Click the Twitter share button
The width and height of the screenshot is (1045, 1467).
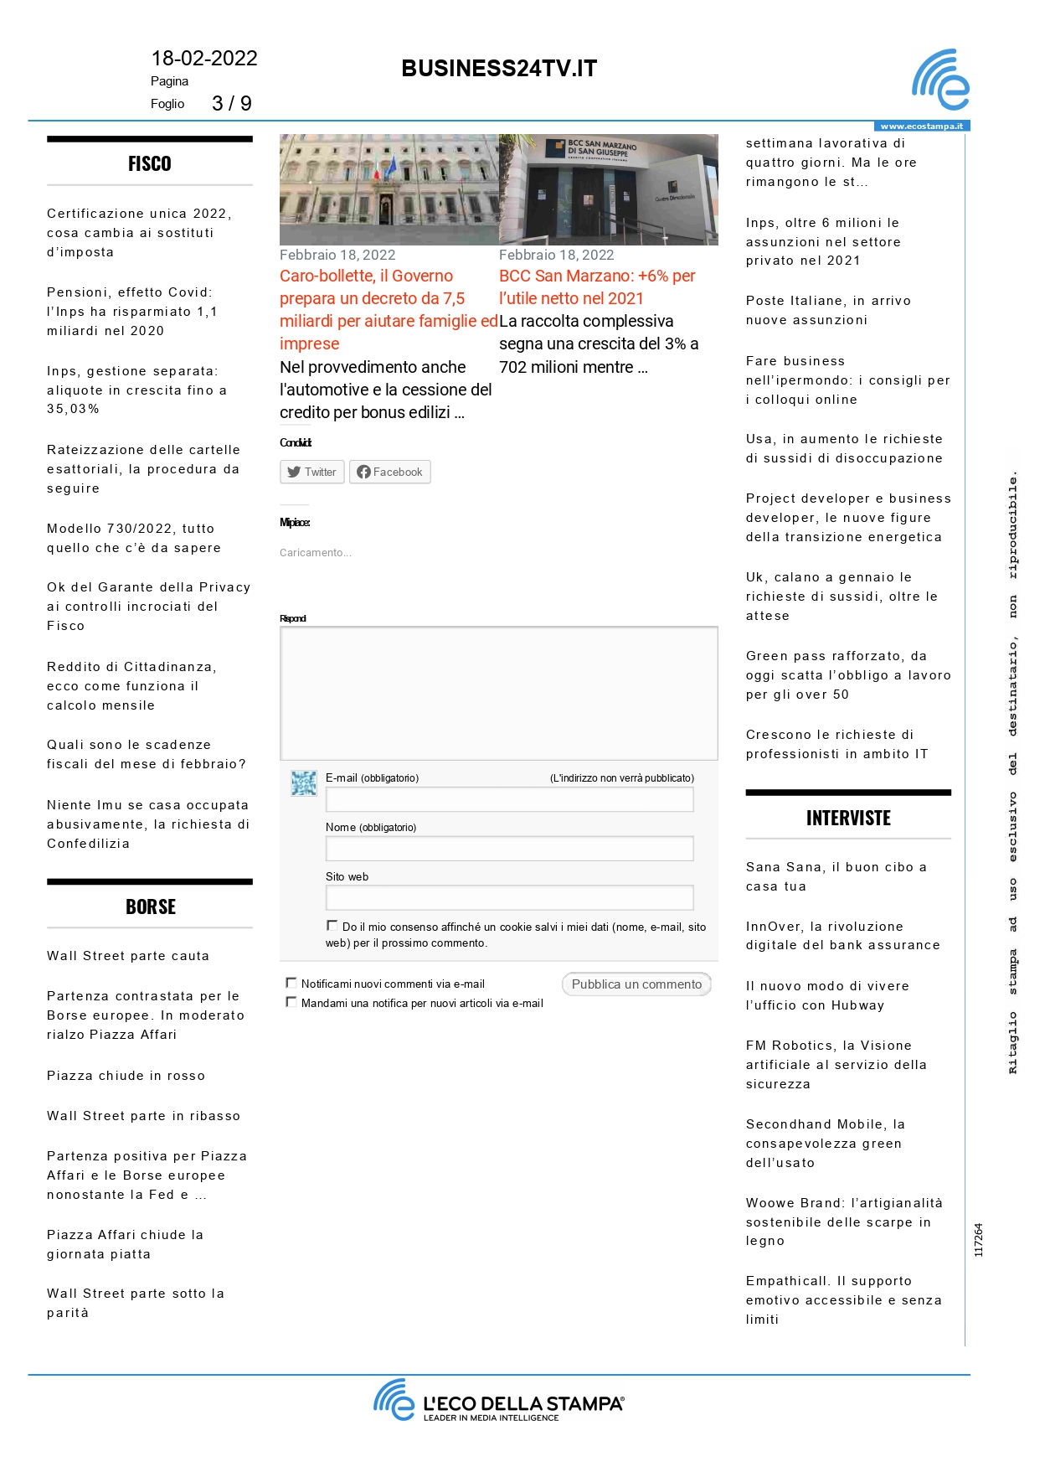(311, 473)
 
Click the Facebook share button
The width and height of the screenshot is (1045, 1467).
(389, 473)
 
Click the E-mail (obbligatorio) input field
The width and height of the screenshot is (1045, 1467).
(509, 800)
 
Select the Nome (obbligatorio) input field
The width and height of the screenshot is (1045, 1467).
(509, 849)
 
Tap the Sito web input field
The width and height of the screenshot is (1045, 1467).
(509, 898)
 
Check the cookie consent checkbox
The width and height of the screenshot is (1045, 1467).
(332, 926)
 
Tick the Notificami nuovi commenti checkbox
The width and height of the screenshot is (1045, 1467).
(291, 983)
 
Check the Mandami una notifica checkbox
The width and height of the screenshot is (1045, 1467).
(291, 1002)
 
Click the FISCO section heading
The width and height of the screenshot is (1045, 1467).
(150, 164)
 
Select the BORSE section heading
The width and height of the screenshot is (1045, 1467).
(151, 907)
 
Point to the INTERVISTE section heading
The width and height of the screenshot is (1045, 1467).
(848, 819)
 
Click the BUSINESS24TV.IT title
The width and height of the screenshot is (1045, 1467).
(499, 69)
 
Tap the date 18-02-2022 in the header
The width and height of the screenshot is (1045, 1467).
(204, 59)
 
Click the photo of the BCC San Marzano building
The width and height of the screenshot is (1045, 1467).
(609, 189)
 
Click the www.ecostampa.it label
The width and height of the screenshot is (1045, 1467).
(921, 127)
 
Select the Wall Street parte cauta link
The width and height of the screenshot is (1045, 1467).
(128, 956)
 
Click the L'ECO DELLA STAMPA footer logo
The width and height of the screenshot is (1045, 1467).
(499, 1401)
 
